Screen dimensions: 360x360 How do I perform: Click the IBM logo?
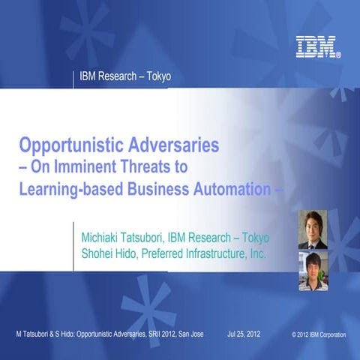(x=317, y=48)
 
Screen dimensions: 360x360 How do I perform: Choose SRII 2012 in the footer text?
(x=150, y=332)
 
